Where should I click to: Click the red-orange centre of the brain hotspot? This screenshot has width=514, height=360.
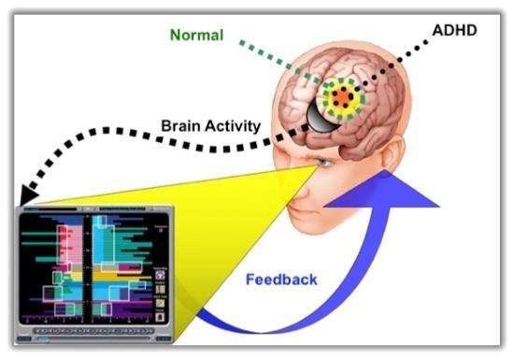pyautogui.click(x=344, y=97)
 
